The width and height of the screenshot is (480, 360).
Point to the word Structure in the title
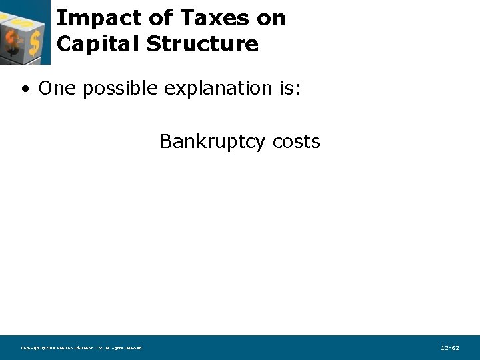pyautogui.click(x=202, y=44)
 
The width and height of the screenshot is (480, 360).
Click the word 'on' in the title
pyautogui.click(x=270, y=19)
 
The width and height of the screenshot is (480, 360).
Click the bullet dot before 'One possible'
pyautogui.click(x=25, y=89)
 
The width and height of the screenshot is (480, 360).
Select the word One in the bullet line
pyautogui.click(x=58, y=88)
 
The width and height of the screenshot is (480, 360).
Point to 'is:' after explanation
pyautogui.click(x=290, y=88)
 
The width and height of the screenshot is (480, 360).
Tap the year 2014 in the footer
pyautogui.click(x=51, y=348)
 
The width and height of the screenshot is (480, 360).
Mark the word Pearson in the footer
pyautogui.click(x=68, y=348)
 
